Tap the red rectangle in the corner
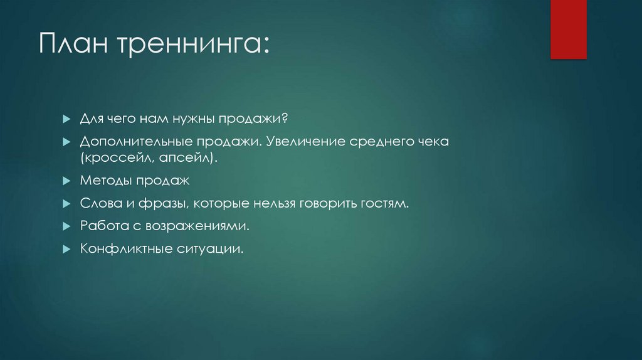568,29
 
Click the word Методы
103,181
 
